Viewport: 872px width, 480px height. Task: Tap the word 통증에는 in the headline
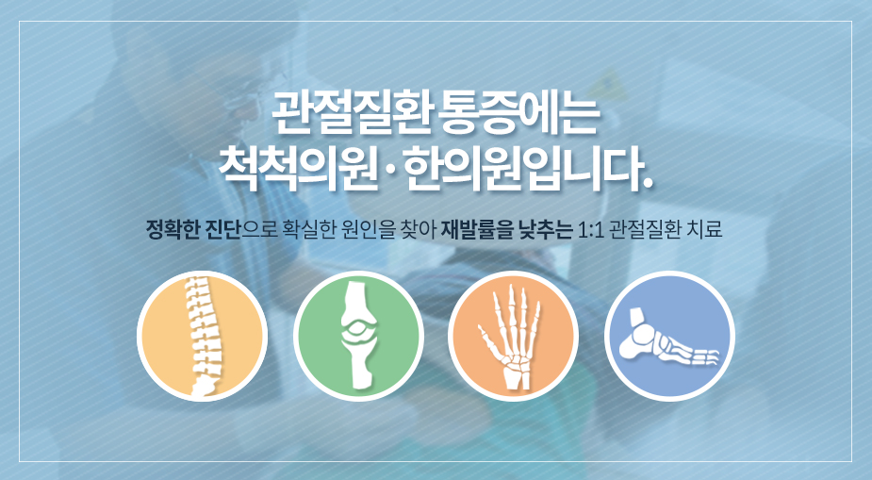point(519,115)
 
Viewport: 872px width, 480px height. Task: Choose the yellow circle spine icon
point(203,336)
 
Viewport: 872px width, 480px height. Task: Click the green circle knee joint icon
point(359,336)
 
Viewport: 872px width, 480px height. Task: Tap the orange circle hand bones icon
point(513,336)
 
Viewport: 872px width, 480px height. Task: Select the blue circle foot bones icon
point(669,336)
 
